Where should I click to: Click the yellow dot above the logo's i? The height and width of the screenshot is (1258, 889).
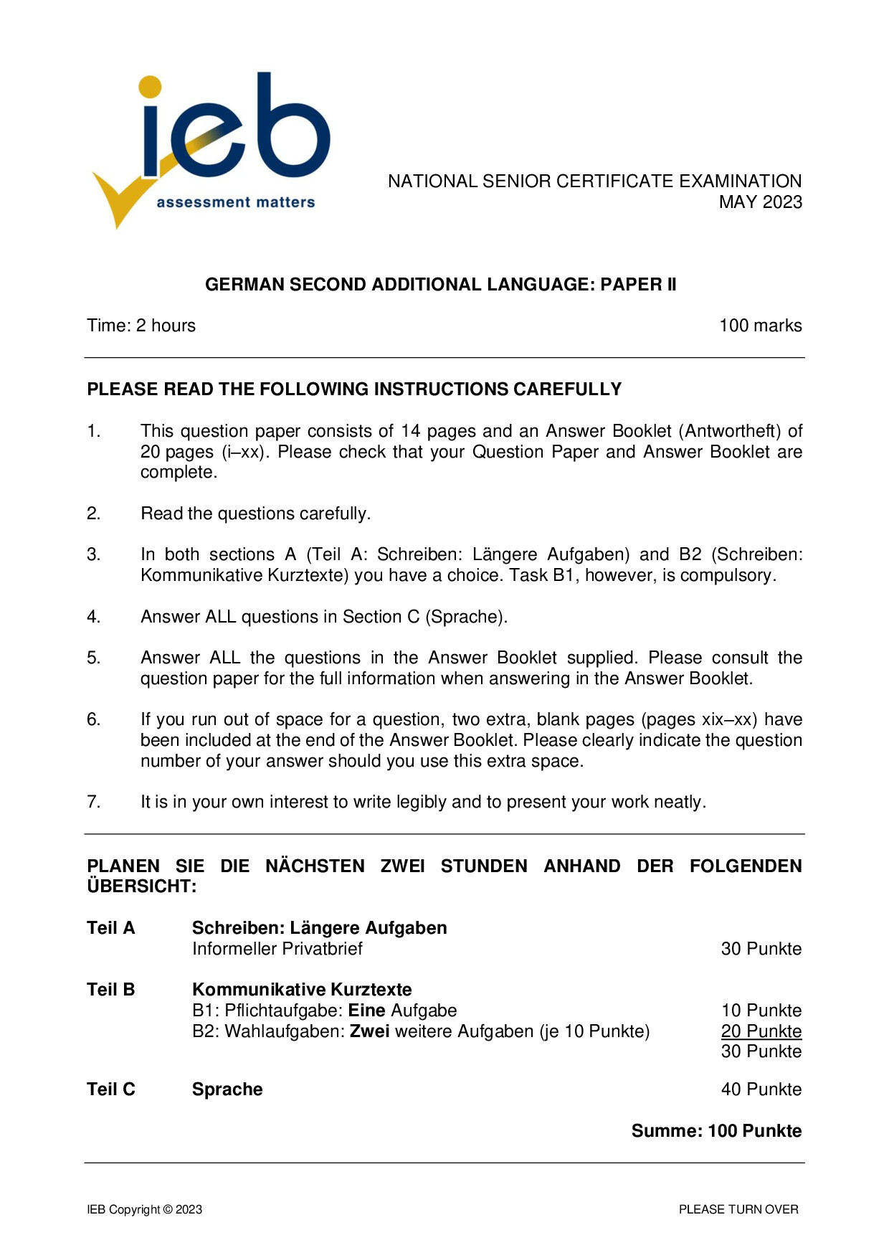(150, 87)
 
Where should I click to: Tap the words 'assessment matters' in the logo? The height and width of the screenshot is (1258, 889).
(235, 203)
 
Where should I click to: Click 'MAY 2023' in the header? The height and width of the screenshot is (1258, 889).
(760, 202)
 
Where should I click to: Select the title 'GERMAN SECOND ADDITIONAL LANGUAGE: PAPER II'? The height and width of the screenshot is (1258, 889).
(440, 285)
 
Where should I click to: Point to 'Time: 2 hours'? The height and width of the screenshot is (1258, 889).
(141, 326)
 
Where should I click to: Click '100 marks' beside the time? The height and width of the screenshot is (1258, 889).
(760, 326)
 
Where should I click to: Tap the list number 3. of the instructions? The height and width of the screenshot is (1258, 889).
(93, 554)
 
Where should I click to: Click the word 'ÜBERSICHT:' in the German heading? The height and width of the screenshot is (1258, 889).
(141, 886)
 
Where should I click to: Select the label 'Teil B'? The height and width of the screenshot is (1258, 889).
(111, 990)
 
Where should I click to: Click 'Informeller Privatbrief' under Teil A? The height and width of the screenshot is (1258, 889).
(277, 949)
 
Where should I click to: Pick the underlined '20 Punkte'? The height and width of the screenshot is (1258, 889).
(761, 1031)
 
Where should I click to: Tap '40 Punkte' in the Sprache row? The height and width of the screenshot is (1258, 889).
(761, 1089)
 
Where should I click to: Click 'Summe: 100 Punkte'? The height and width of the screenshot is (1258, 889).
(716, 1131)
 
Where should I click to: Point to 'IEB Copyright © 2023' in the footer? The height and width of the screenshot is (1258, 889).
(144, 1209)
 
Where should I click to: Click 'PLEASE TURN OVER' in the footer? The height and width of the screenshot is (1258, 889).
(738, 1209)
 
